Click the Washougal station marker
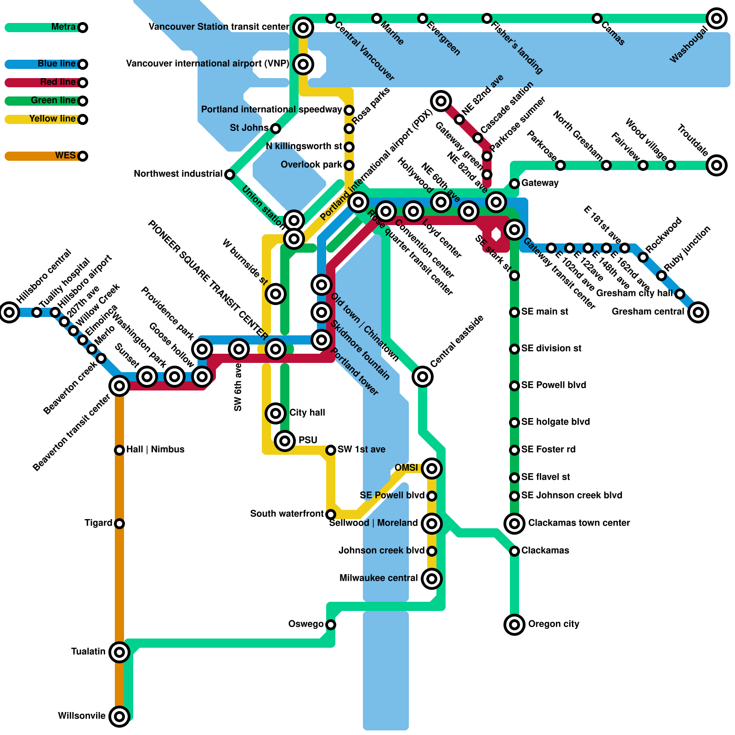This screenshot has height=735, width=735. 717,18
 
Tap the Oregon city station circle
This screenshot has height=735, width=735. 514,625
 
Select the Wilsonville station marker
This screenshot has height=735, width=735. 119,716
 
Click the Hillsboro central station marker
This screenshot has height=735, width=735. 9,312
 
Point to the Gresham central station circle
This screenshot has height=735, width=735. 698,312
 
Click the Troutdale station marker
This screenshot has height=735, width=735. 717,165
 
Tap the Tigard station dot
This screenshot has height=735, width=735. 119,524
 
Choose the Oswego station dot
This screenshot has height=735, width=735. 331,625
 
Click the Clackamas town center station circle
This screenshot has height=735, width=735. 514,523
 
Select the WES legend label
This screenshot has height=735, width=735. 65,156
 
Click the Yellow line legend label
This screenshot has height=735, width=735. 52,119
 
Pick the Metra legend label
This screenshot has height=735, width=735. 63,27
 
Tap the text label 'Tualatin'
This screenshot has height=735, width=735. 88,652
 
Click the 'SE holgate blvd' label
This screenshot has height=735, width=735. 555,422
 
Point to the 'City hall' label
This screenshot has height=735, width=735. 307,413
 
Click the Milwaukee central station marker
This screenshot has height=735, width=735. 432,578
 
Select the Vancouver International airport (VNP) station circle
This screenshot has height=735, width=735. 303,64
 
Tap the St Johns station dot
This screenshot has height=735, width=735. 276,129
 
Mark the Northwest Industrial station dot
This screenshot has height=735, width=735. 230,175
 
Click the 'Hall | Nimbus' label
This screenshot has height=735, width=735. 155,450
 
